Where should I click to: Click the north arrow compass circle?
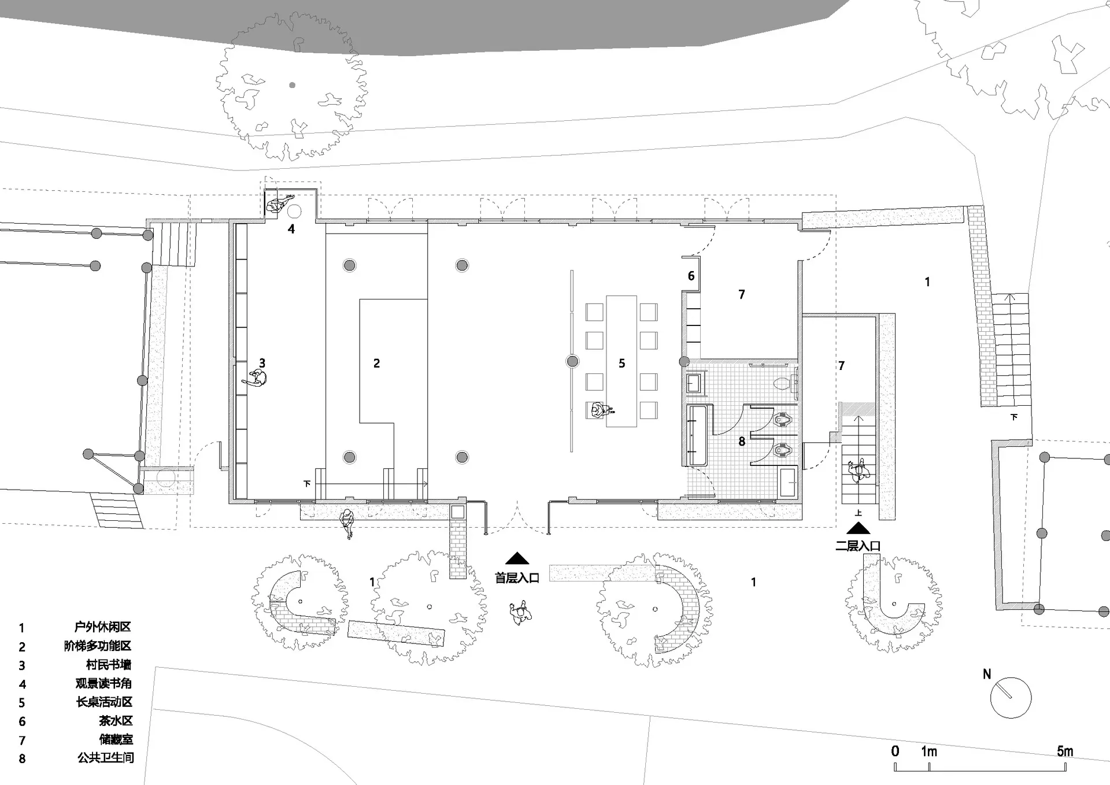point(1011,677)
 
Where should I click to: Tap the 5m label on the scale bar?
point(1065,751)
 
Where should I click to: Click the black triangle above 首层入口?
point(517,558)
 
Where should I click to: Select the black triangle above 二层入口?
point(859,528)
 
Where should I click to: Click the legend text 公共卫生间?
point(105,757)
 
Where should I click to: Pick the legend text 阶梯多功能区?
point(98,646)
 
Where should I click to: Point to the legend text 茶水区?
point(116,721)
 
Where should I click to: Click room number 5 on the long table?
point(622,363)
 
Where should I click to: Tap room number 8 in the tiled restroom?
point(742,442)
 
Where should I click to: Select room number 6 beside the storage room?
point(691,276)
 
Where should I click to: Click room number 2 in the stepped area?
point(376,363)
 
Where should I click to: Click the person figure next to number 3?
point(256,379)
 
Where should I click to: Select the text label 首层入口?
point(517,577)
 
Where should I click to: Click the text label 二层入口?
point(858,546)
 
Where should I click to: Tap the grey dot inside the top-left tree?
point(293,85)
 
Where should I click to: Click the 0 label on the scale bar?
point(895,751)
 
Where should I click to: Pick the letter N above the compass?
point(987,674)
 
